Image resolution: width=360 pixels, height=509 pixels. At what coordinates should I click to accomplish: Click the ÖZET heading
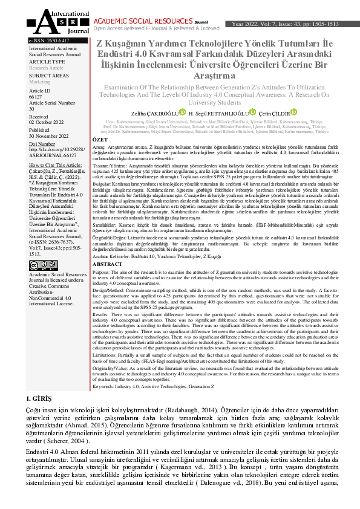[99, 139]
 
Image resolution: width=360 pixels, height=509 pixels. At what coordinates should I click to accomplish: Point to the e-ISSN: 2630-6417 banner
[44, 41]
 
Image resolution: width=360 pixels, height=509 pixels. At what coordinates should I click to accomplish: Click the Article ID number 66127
[36, 97]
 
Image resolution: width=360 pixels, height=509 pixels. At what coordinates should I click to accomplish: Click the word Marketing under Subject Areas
[40, 81]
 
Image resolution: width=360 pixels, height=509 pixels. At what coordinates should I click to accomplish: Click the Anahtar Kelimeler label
[113, 256]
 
